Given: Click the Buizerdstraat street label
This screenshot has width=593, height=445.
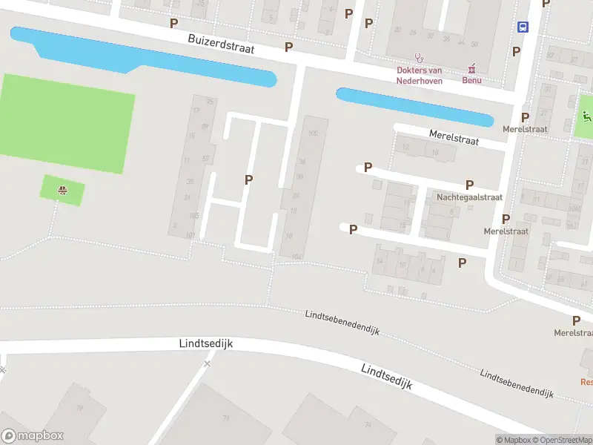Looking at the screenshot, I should pyautogui.click(x=221, y=44).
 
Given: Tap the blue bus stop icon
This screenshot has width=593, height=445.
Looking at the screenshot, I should pyautogui.click(x=523, y=27).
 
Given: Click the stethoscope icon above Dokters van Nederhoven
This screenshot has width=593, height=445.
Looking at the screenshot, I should pyautogui.click(x=419, y=56).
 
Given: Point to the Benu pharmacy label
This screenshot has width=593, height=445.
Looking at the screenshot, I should pyautogui.click(x=471, y=80).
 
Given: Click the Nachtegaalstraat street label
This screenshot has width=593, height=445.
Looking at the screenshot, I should pyautogui.click(x=469, y=197).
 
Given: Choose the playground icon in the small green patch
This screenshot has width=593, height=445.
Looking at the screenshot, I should pyautogui.click(x=64, y=191).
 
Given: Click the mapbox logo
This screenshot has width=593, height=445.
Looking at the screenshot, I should pyautogui.click(x=33, y=436).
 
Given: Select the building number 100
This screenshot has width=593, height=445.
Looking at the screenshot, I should pyautogui.click(x=313, y=133).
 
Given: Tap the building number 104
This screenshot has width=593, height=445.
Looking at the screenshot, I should pyautogui.click(x=296, y=257).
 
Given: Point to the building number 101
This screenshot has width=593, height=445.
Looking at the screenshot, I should pyautogui.click(x=191, y=236).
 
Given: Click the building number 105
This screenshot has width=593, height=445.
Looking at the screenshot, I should pyautogui.click(x=194, y=216).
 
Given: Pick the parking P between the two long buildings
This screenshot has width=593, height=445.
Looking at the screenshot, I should pyautogui.click(x=249, y=179).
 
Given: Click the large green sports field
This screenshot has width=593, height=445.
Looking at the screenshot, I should pyautogui.click(x=67, y=122).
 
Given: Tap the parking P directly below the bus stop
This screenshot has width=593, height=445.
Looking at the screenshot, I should pyautogui.click(x=516, y=51).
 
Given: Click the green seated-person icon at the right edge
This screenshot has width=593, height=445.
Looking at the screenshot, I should pyautogui.click(x=587, y=115).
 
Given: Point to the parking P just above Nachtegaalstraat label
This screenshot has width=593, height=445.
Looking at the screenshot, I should pyautogui.click(x=469, y=185).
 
